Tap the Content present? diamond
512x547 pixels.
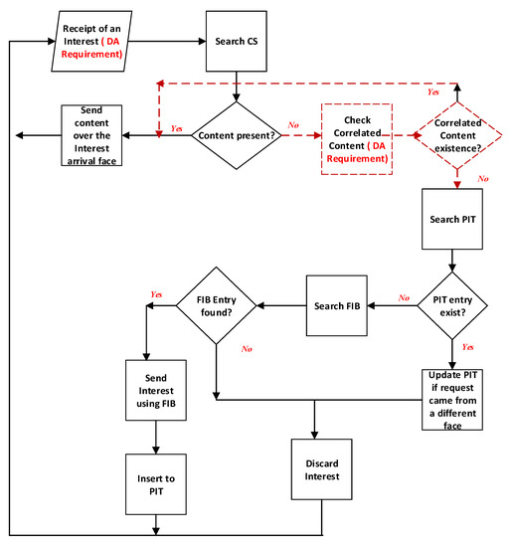tap(237, 134)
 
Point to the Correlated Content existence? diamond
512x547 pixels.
tap(456, 135)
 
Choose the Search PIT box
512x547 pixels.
tap(453, 217)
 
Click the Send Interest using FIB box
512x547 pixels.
tap(155, 391)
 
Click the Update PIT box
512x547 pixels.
tap(453, 398)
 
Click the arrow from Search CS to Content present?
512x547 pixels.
tap(237, 87)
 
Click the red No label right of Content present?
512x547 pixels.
tap(293, 126)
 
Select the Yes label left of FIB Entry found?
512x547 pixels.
tap(156, 295)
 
